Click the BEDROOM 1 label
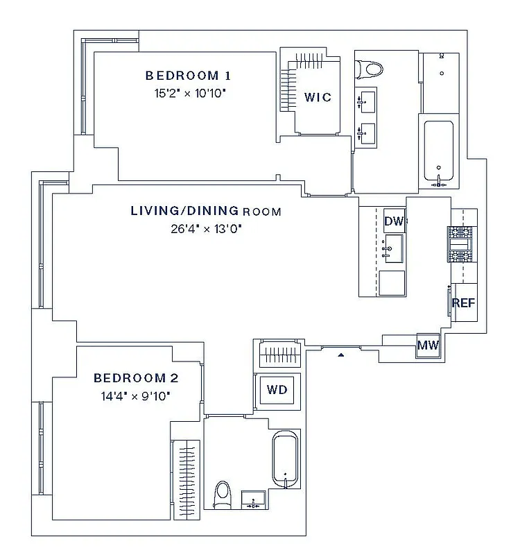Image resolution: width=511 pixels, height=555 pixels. coord(187,76)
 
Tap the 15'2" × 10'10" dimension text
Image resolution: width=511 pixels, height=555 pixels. coord(187,92)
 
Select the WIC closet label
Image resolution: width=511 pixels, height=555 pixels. coord(318,97)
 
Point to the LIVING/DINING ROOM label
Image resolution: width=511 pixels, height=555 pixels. coord(206,211)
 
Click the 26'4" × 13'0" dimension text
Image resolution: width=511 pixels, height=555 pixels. coord(206,228)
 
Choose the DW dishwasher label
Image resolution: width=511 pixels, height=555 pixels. coord(394,221)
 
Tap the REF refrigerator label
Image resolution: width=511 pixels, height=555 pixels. coord(463,303)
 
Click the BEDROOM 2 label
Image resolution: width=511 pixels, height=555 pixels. coord(136,378)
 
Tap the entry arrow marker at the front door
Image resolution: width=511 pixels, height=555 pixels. coord(340,355)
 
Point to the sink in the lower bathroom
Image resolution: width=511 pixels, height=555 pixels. coord(252,499)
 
